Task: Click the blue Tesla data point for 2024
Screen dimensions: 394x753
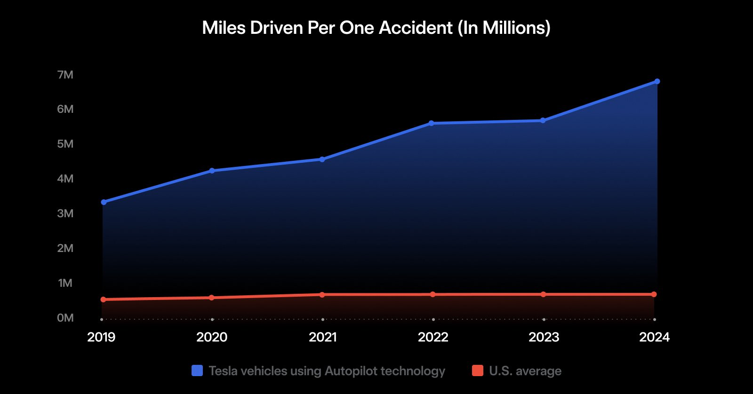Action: [x=657, y=81]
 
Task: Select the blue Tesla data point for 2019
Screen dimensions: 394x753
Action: [x=104, y=202]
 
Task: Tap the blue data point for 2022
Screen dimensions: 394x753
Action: [x=431, y=123]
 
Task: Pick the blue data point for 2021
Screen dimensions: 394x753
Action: [x=322, y=159]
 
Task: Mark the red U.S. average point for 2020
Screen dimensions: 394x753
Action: [x=211, y=298]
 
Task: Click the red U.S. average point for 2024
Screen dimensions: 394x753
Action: [x=654, y=294]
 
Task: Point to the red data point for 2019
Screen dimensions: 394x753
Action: [x=103, y=299]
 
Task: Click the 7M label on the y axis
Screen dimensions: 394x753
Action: [x=65, y=75]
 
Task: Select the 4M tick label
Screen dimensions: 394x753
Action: [x=65, y=179]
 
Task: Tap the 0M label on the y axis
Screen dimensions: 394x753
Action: [x=65, y=318]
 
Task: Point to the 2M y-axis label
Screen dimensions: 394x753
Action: [x=65, y=248]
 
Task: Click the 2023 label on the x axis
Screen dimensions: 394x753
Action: [x=544, y=337]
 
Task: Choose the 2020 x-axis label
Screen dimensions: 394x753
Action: [x=212, y=337]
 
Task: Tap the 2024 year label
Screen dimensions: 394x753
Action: [x=654, y=337]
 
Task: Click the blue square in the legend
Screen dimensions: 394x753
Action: [x=197, y=370]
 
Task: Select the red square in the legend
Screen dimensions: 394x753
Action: [x=478, y=370]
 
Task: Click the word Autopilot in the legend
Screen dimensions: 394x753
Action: [x=351, y=371]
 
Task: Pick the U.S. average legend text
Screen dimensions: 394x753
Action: [x=525, y=371]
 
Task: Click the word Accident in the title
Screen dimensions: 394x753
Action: [x=416, y=28]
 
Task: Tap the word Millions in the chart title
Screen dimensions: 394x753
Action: [x=513, y=28]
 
